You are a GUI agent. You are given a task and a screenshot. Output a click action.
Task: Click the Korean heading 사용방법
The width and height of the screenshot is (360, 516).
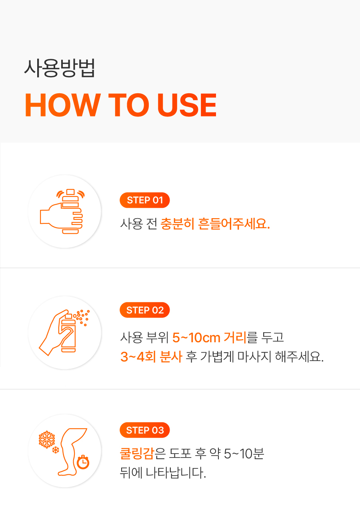(x=59, y=68)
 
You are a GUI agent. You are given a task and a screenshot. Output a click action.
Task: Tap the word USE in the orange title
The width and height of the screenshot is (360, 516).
(x=187, y=105)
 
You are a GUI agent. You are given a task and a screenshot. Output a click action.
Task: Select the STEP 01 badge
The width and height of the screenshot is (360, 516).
(x=144, y=200)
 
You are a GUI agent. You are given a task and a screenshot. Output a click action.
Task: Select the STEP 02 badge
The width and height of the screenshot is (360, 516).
(x=144, y=310)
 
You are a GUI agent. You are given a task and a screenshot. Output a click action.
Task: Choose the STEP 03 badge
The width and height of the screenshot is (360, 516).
(x=144, y=430)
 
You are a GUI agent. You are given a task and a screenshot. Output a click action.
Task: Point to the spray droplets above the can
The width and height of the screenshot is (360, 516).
(x=82, y=317)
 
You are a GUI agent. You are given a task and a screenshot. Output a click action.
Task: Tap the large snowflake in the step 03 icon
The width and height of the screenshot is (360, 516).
(x=47, y=439)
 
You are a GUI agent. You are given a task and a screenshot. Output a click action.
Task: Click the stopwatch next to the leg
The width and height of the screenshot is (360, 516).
(x=83, y=462)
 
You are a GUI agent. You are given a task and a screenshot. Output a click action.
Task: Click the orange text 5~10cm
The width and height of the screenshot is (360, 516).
(x=196, y=338)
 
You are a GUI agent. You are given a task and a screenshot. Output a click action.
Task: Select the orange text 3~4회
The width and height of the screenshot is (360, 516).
(x=138, y=357)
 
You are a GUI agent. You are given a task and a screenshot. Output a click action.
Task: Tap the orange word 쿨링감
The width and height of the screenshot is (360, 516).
(x=137, y=453)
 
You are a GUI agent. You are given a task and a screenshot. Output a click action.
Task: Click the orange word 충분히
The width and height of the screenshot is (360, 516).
(x=177, y=224)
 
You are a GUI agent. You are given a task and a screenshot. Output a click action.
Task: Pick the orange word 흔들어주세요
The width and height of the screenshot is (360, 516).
(x=234, y=224)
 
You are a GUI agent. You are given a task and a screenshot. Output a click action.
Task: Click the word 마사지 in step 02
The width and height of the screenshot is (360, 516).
(x=254, y=357)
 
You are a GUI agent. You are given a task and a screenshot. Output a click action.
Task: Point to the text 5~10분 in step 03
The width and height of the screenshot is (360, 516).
(x=244, y=453)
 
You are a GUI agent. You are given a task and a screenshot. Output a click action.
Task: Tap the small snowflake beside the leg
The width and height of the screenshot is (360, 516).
(x=56, y=450)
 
